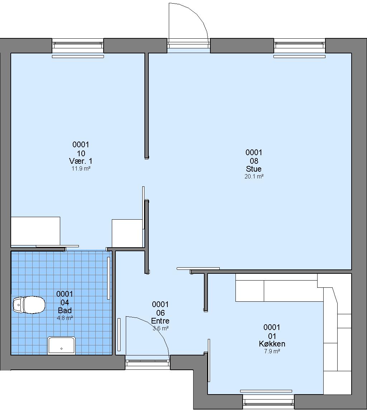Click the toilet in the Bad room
(x=29, y=305)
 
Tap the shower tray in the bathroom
(x=61, y=346)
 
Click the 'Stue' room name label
(x=254, y=169)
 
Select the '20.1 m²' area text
(x=254, y=176)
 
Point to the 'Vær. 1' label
(x=81, y=161)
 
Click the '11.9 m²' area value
(x=81, y=168)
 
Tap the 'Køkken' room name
(x=272, y=344)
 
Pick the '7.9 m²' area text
(x=272, y=351)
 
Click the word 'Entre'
(x=160, y=321)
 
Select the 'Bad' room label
(x=65, y=310)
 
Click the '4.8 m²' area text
(x=65, y=318)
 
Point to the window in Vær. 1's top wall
(x=78, y=46)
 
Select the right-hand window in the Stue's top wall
(x=300, y=46)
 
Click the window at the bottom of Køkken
(x=268, y=402)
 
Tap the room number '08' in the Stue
(x=254, y=161)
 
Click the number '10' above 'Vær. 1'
(x=81, y=153)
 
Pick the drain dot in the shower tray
(x=62, y=349)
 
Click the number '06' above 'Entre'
(x=161, y=313)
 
